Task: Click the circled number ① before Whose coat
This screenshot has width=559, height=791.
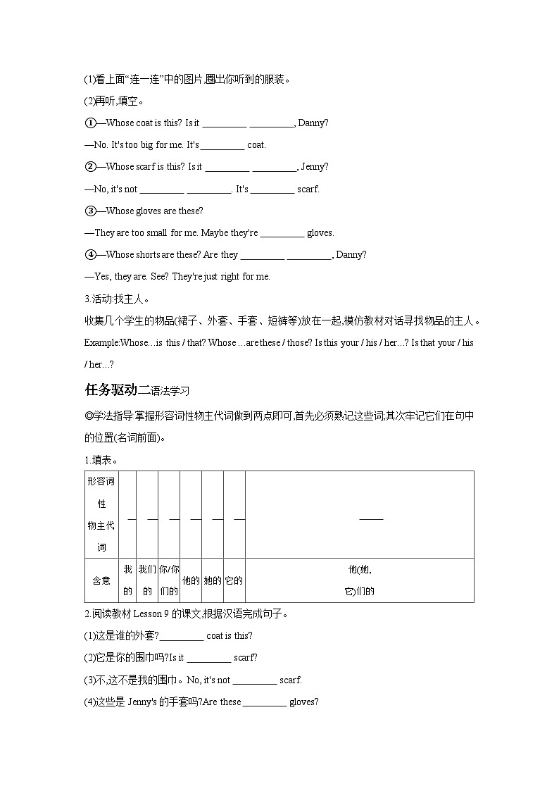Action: click(90, 123)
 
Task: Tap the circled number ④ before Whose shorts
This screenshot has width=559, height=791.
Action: click(90, 254)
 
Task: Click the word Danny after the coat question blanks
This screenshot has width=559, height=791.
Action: click(312, 123)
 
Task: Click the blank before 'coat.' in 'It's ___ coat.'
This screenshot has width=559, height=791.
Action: click(223, 145)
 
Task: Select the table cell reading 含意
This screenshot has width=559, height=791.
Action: click(101, 580)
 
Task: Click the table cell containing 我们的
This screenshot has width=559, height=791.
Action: click(147, 580)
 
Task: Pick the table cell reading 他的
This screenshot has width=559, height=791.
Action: click(191, 580)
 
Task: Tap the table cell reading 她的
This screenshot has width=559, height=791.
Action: click(213, 580)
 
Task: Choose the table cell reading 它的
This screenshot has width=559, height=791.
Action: click(234, 580)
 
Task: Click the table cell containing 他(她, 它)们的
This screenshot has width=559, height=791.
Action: click(359, 580)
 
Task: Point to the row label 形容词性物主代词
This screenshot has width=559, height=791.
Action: click(101, 514)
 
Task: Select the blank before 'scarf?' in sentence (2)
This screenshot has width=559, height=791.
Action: click(209, 658)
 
